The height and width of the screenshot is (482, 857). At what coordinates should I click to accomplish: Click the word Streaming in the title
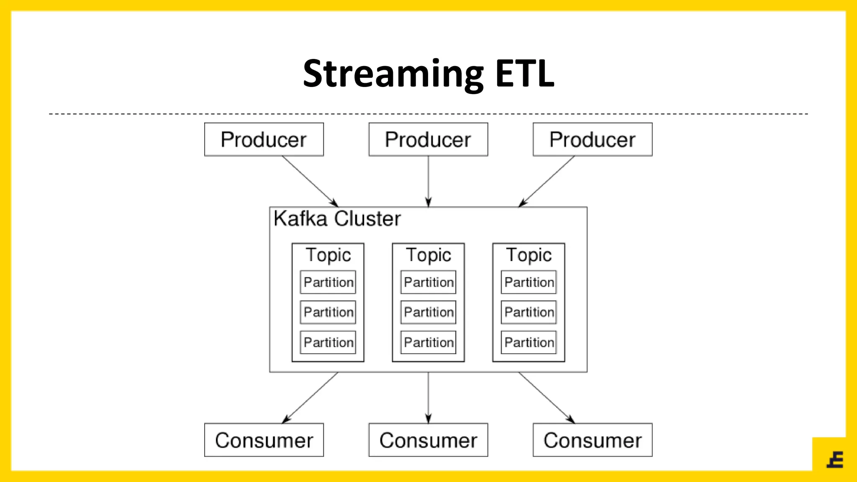tap(393, 74)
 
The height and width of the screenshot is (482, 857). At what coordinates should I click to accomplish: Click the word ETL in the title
tap(525, 74)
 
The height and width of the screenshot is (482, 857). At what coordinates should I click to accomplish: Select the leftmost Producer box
tap(264, 139)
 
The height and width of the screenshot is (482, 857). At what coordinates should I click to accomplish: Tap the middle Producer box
tap(428, 139)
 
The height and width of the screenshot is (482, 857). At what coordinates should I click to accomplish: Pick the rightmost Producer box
tap(592, 139)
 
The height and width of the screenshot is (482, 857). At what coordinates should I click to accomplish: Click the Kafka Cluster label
tap(337, 218)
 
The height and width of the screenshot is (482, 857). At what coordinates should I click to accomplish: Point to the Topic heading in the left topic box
tap(328, 255)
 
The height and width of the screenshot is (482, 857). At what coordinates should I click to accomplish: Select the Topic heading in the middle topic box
tap(428, 255)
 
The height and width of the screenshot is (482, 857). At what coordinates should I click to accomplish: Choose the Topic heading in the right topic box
tap(529, 255)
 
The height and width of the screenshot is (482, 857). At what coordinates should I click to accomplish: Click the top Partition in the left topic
tap(328, 282)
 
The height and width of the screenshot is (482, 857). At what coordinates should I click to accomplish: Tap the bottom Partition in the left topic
tap(328, 342)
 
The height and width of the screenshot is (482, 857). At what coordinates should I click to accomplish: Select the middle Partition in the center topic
tap(428, 312)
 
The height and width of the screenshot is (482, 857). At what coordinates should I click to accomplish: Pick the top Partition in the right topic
tap(529, 282)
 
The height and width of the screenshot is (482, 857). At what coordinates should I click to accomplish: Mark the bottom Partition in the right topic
tap(529, 342)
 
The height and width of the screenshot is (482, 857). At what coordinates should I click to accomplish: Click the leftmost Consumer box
tap(264, 440)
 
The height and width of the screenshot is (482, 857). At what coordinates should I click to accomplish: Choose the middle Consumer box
tap(428, 440)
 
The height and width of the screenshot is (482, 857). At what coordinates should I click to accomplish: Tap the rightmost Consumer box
tap(592, 440)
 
